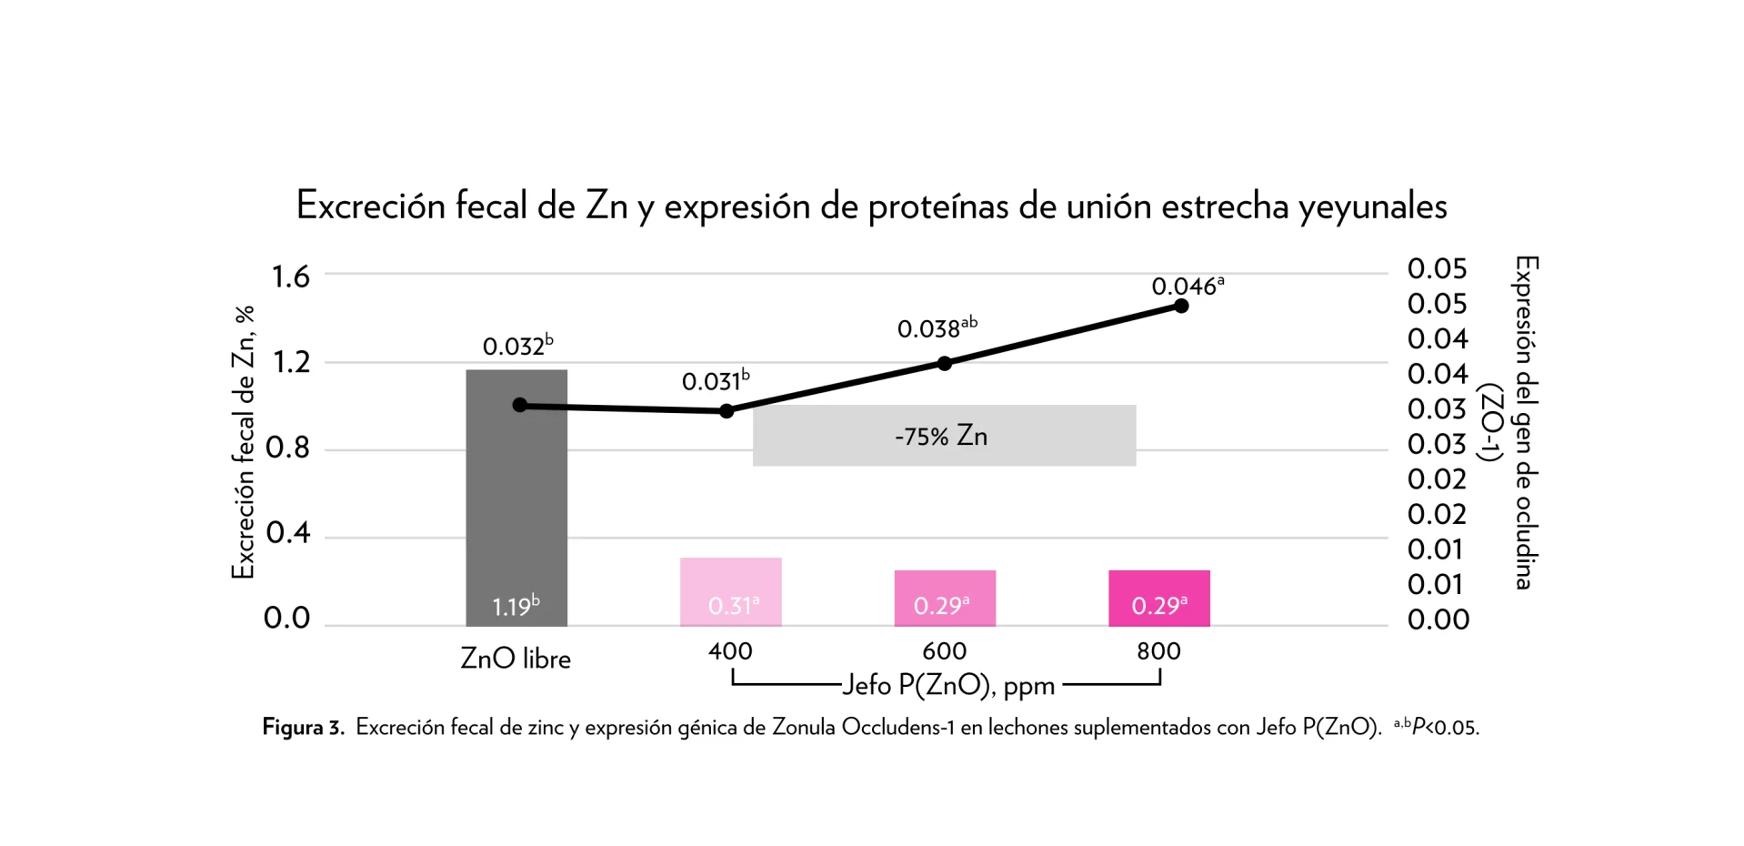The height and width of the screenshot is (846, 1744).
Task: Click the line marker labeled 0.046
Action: tap(1181, 306)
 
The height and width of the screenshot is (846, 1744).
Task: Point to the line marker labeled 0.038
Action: tap(945, 363)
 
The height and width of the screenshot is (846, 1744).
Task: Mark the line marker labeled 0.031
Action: tap(727, 411)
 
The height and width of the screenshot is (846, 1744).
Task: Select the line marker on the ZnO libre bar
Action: tap(519, 405)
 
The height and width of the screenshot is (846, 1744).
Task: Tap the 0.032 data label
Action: tap(516, 346)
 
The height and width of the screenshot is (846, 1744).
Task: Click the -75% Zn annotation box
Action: tap(944, 436)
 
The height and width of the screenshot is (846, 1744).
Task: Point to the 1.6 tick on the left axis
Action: tap(291, 277)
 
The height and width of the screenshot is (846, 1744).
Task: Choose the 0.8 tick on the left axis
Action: tap(287, 448)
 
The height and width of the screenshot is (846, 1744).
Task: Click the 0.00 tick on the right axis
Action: tap(1438, 619)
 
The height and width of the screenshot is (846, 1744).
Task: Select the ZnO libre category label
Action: tap(516, 659)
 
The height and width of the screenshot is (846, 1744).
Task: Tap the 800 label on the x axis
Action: tap(1158, 651)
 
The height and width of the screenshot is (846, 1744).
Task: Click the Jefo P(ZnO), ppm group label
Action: tap(947, 685)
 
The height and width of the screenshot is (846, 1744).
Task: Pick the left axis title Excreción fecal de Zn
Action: tap(243, 442)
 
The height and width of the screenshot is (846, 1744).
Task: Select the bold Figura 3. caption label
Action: tap(303, 728)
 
